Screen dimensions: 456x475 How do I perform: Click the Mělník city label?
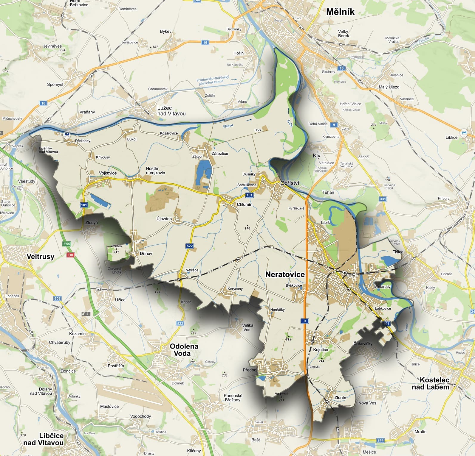coord(340,12)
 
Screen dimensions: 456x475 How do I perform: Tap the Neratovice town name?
coord(285,274)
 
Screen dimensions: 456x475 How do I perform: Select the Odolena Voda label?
coord(184,350)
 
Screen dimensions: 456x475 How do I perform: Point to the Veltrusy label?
coord(41,257)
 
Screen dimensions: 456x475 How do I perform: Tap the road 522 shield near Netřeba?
coord(190,246)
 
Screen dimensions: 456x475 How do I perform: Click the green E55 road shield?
coord(67,244)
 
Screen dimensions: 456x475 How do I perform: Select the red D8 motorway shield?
coord(70,255)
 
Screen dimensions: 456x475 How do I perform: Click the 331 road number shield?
coord(383,199)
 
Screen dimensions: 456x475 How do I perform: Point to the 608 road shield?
coord(57,298)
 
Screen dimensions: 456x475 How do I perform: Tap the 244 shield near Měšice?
coord(380,440)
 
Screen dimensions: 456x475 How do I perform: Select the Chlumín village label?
coord(245,204)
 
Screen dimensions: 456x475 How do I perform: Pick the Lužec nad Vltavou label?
coord(171,111)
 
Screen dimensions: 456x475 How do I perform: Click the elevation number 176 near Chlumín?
coord(247,228)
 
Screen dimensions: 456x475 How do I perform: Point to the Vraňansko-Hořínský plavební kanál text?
coord(213,80)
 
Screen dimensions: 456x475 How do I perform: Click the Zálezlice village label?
coord(220,154)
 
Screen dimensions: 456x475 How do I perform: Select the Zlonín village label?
coord(340,397)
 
